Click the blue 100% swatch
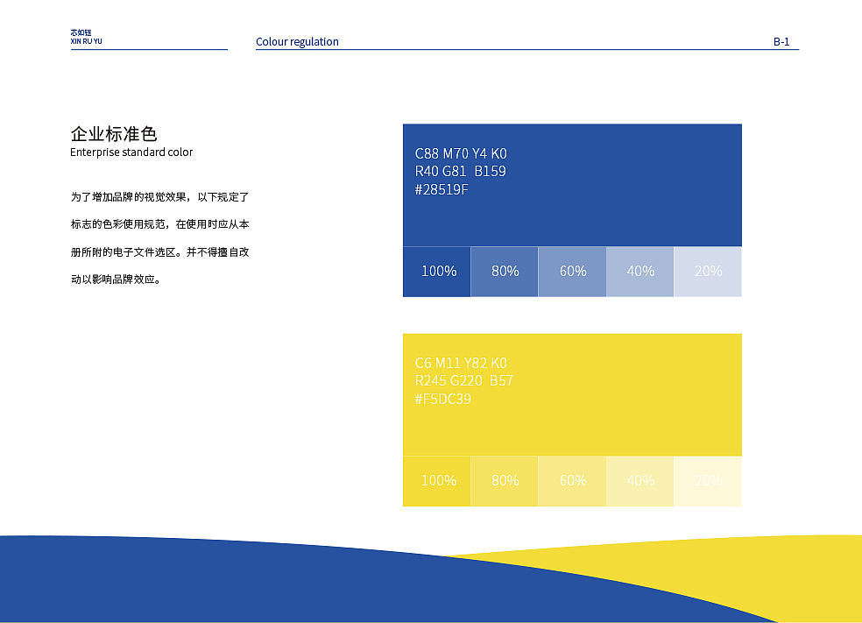coord(437,272)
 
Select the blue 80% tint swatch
coord(505,272)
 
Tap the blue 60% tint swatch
coord(572,272)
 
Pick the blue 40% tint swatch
coord(640,272)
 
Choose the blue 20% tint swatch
coord(708,272)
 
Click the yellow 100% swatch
coord(437,481)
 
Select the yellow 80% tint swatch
coord(505,481)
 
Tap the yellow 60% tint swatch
coord(572,481)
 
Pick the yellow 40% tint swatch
coord(640,481)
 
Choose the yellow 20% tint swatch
coord(708,481)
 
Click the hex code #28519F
coord(442,189)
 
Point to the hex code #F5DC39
coord(442,399)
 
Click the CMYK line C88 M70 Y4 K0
coord(461,154)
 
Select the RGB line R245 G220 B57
coord(464,380)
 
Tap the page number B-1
coord(781,41)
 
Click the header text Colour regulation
coord(297,41)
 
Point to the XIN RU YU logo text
coord(86,41)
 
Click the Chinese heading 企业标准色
coord(114,134)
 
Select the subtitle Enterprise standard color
coord(131,152)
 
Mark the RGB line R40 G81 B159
coord(460,172)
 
